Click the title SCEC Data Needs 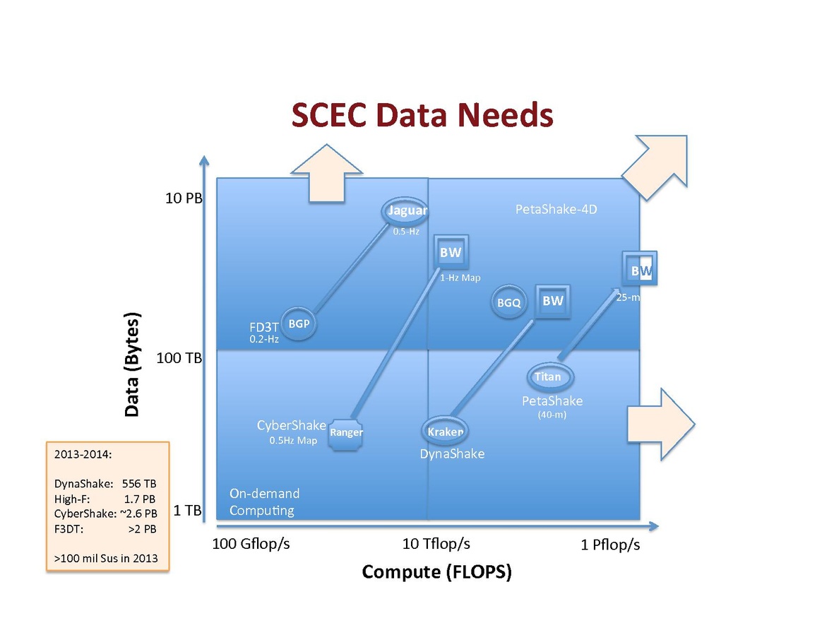422,116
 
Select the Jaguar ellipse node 406,210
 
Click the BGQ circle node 508,303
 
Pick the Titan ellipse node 547,376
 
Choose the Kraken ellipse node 445,432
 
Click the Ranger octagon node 346,432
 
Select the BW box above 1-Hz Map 451,253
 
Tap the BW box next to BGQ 552,301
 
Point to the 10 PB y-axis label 184,198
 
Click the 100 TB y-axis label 179,358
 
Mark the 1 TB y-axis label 187,510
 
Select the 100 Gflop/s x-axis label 251,544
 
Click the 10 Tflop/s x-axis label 436,544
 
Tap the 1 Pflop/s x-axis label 610,545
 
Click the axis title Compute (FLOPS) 436,571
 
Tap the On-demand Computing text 265,502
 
